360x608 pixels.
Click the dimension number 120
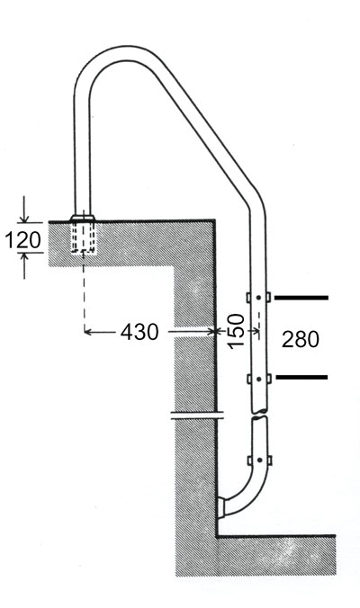22,239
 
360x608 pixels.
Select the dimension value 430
139,332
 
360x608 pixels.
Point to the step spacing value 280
301,339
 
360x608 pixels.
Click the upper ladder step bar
301,298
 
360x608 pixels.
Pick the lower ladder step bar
301,377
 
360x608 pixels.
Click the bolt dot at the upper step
259,298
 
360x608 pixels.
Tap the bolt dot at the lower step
259,378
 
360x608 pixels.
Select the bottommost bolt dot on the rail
259,460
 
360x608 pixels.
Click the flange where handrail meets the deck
82,217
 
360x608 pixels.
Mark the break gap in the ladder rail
259,414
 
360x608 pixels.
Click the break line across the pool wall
197,416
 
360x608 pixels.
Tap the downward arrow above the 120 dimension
24,210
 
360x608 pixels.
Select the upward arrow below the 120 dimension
24,266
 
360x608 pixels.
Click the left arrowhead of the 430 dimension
88,332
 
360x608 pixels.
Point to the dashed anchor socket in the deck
83,237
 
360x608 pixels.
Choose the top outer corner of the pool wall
214,220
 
